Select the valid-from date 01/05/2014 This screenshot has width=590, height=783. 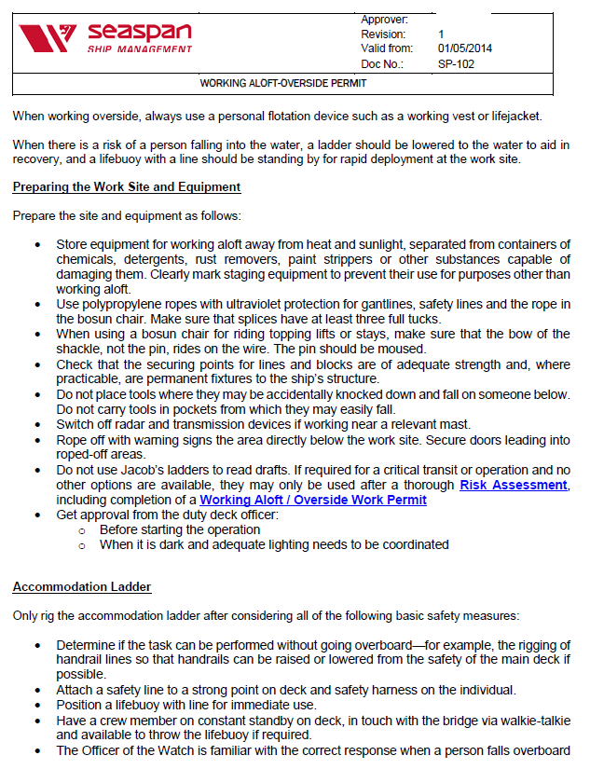point(466,49)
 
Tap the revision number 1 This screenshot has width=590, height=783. point(441,34)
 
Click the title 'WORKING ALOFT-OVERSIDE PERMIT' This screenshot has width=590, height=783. point(283,83)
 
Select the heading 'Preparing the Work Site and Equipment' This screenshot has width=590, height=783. point(127,186)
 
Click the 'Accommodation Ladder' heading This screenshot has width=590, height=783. point(82,586)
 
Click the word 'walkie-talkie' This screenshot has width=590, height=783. point(531,721)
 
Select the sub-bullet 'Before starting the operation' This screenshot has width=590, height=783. point(180,529)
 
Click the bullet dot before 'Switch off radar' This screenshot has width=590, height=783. point(36,423)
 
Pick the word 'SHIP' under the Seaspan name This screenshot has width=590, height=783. point(101,48)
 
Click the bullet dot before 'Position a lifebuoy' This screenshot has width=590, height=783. point(36,706)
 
